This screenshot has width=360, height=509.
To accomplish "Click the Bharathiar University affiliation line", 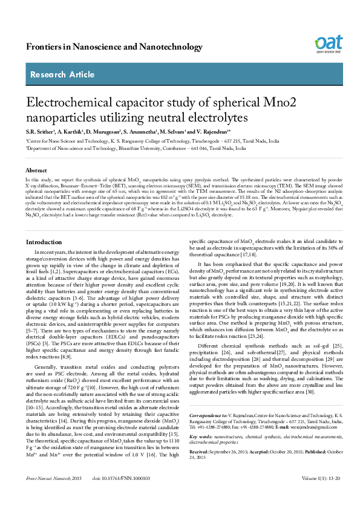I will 136,148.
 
